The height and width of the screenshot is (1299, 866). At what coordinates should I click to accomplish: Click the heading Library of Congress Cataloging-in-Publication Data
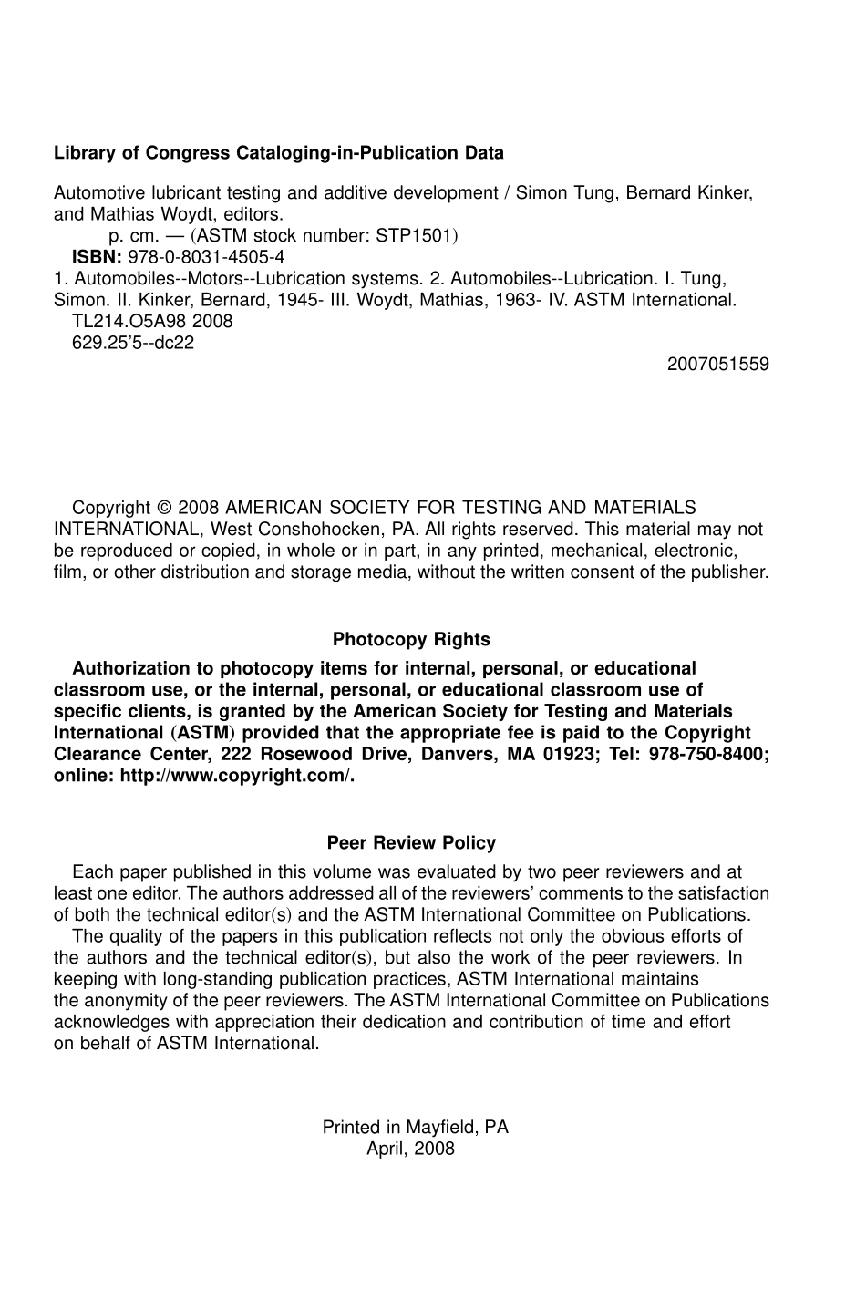click(x=278, y=153)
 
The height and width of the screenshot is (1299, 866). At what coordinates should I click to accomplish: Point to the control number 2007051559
click(x=717, y=365)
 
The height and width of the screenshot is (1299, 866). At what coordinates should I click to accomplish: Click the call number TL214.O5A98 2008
click(x=152, y=321)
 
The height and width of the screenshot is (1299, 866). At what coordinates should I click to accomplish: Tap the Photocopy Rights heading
click(x=411, y=640)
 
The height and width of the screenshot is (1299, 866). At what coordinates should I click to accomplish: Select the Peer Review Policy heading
click(x=411, y=843)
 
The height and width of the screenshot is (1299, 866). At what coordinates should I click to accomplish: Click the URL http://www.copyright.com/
click(x=236, y=776)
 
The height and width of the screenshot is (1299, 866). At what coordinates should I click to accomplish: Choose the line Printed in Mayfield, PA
click(x=415, y=1128)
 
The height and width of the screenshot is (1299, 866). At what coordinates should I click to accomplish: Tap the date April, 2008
click(x=410, y=1149)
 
